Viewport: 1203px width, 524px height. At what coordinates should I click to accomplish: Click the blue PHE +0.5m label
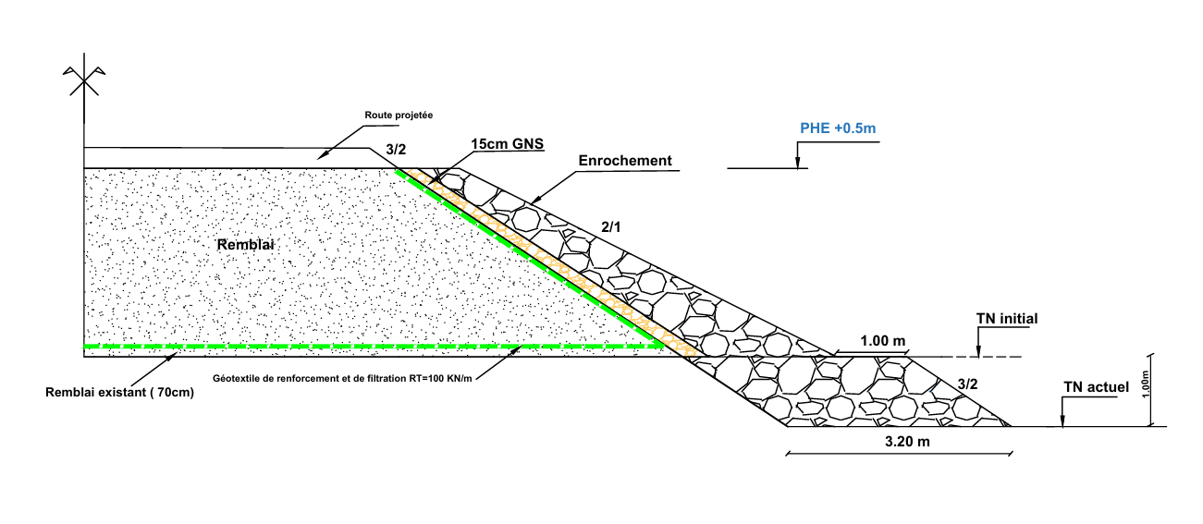(x=837, y=128)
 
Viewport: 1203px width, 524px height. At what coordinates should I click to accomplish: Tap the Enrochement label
(x=625, y=160)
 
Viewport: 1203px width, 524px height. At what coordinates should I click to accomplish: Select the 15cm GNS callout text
(x=507, y=144)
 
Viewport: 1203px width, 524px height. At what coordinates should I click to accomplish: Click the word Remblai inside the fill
(x=247, y=244)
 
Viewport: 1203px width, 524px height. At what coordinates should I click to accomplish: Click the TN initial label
(x=1007, y=319)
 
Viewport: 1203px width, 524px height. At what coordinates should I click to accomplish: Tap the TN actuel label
(x=1096, y=386)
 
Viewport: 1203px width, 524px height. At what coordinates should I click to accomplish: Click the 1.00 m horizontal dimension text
(x=883, y=341)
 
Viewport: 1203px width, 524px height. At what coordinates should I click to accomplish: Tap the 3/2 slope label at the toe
(x=967, y=383)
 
